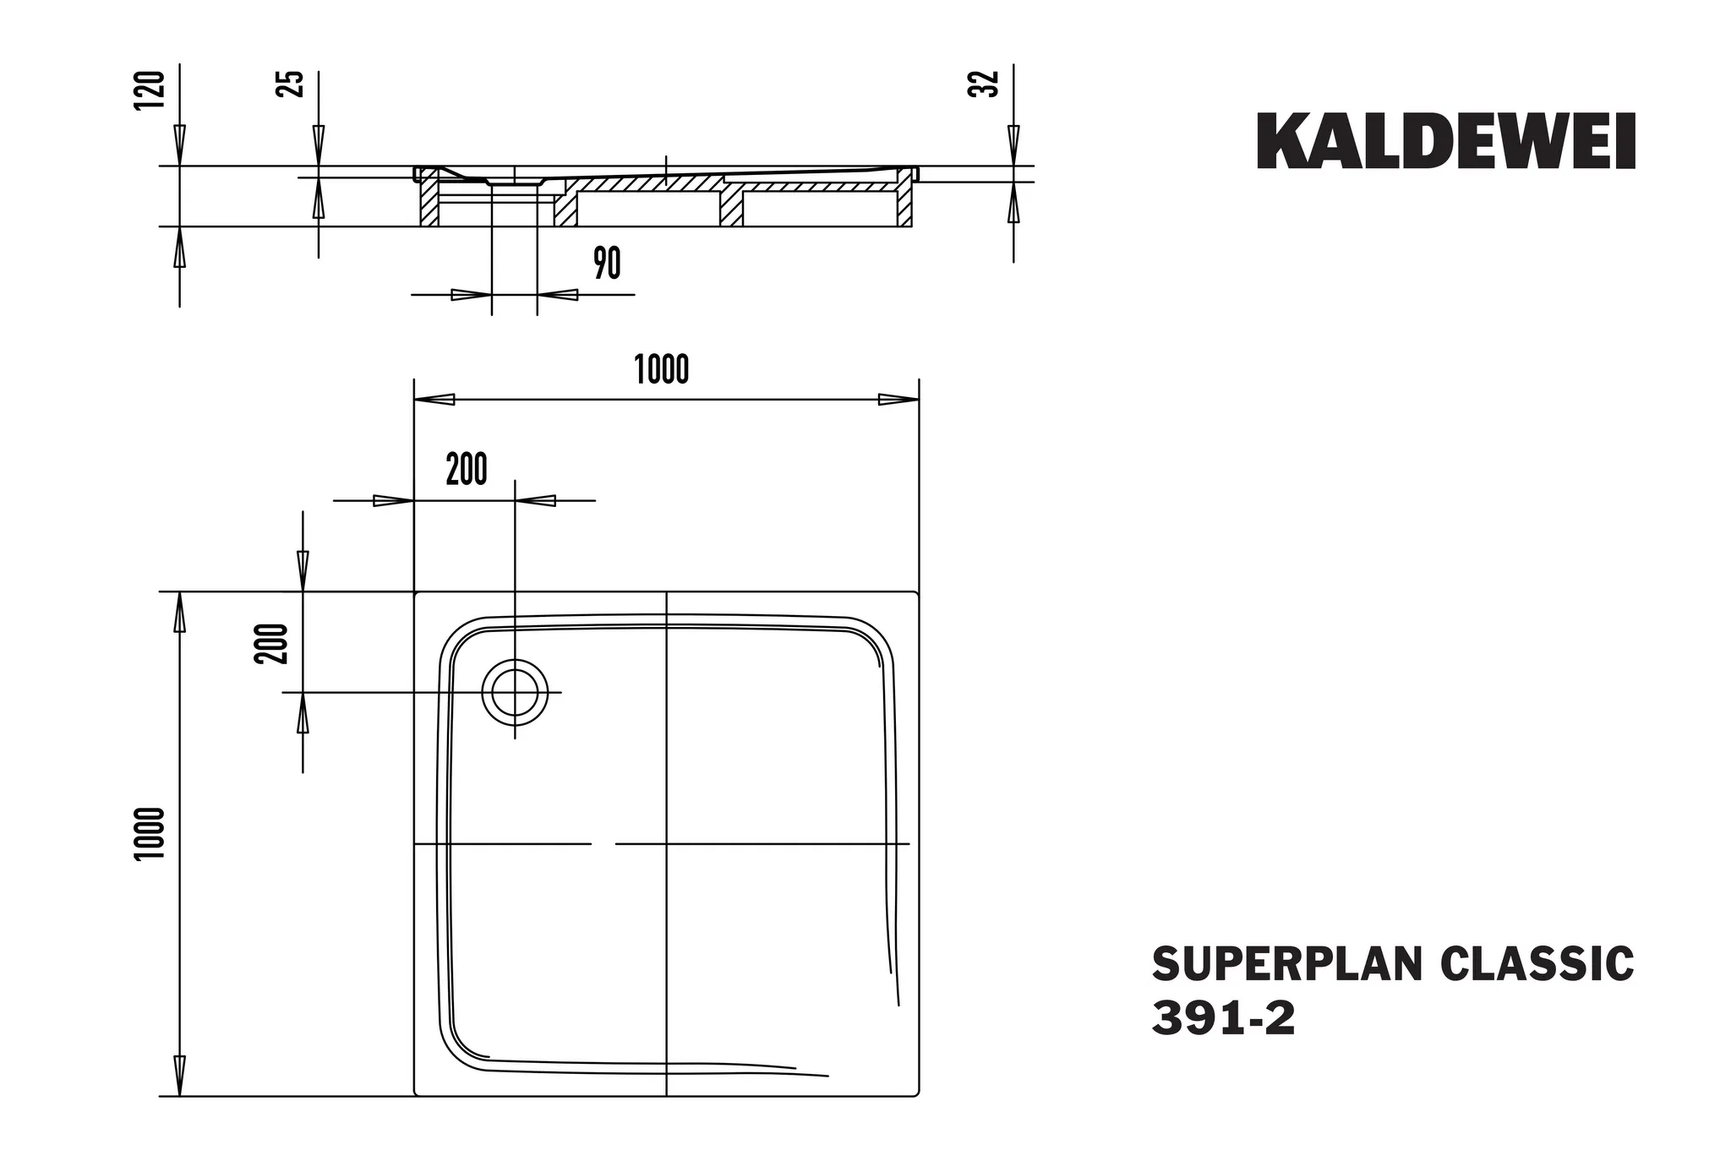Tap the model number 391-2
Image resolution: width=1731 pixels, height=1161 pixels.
[x=1223, y=1020]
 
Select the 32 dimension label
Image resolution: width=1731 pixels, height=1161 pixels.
[x=984, y=84]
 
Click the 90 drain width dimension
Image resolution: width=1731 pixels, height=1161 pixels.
[x=607, y=264]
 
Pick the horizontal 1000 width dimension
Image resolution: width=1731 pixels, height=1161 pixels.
[x=662, y=370]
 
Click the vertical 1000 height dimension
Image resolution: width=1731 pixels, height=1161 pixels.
[x=150, y=834]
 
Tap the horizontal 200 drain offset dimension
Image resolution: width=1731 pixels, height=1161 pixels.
[x=467, y=470]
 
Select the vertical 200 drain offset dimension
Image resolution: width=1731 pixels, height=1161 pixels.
[x=272, y=643]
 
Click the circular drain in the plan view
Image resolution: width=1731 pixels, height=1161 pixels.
[x=515, y=692]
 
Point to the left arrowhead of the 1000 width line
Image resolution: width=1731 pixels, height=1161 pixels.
[x=434, y=400]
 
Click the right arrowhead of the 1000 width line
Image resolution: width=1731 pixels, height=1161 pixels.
[x=898, y=400]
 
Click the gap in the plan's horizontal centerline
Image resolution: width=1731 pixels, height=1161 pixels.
[x=603, y=844]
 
